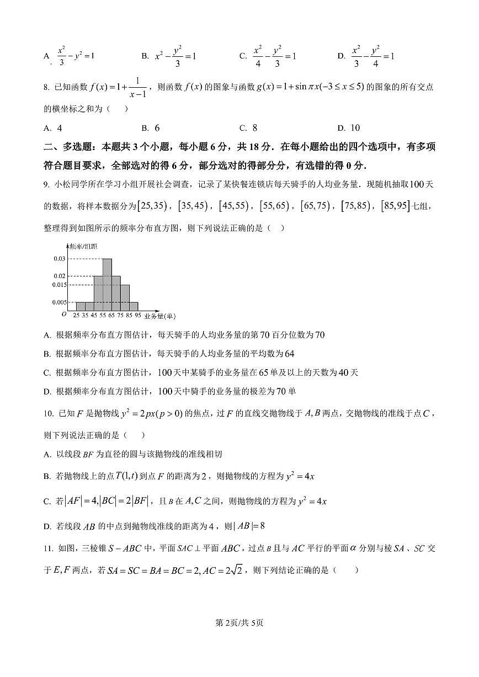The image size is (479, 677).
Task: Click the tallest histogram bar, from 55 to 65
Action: (107, 284)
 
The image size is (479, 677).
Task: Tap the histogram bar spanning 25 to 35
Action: (81, 306)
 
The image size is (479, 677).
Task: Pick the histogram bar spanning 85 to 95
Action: (134, 306)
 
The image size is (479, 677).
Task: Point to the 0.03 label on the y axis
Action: (60, 258)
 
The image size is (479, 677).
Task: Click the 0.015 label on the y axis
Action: (58, 285)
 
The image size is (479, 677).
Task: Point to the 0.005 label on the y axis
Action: (58, 302)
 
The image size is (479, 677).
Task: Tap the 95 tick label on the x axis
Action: (137, 316)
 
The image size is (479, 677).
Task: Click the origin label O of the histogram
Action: (64, 314)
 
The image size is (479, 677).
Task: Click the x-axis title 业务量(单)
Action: (159, 316)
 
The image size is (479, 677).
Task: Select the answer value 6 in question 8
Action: (157, 128)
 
